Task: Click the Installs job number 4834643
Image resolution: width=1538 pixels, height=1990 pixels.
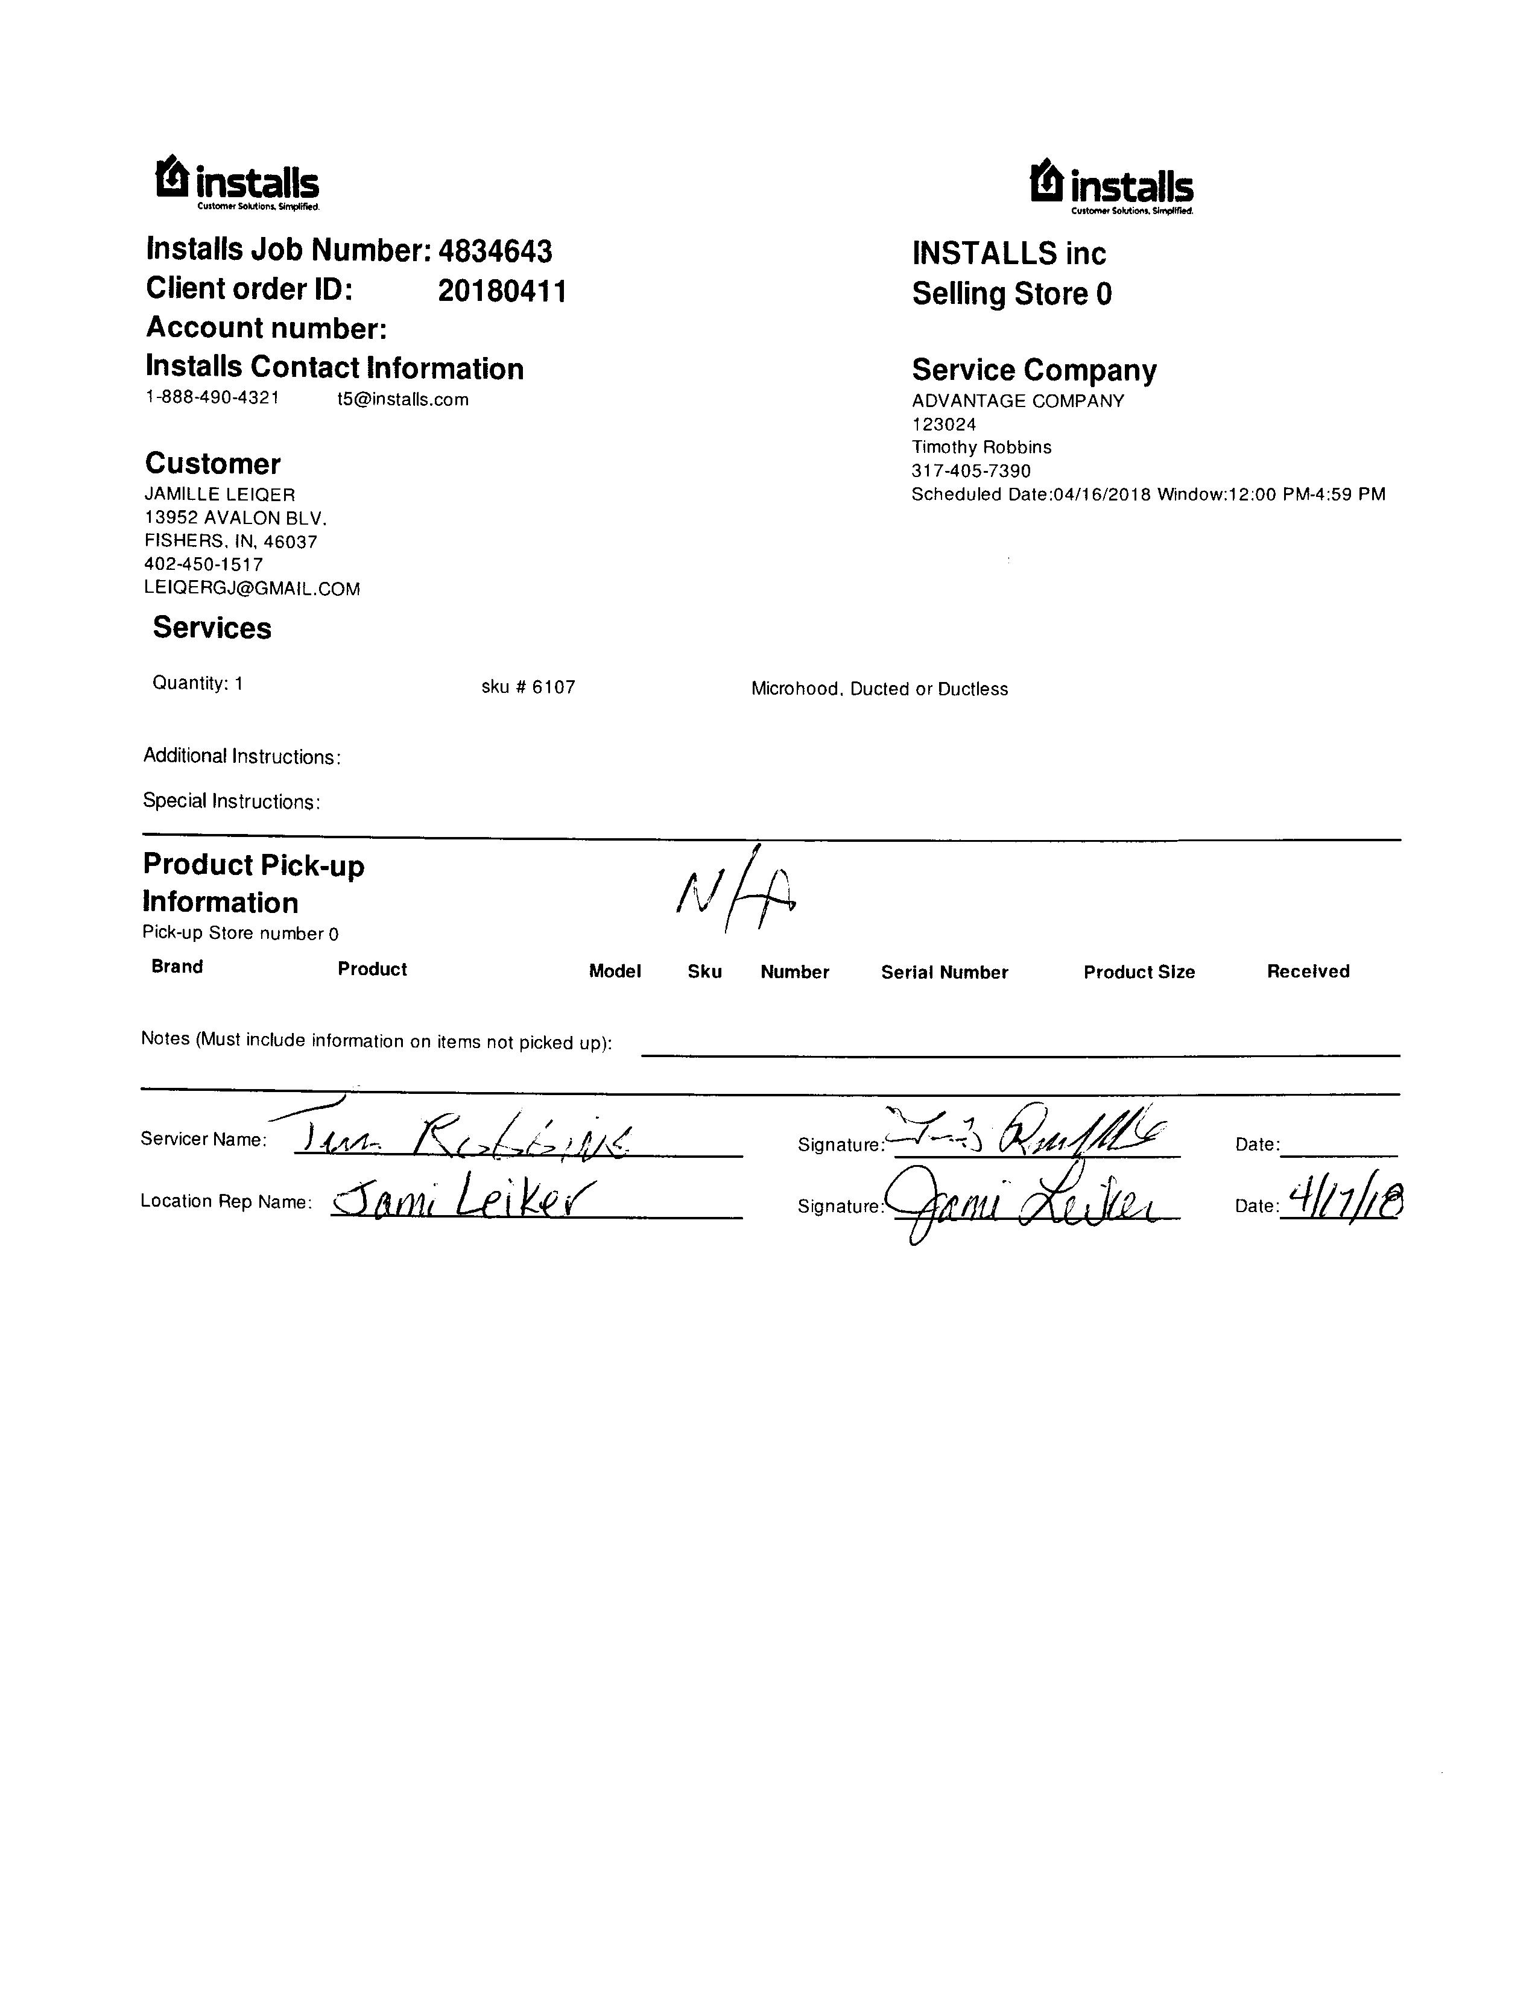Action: coord(495,251)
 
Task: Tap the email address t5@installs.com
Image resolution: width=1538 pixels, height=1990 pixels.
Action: coord(403,399)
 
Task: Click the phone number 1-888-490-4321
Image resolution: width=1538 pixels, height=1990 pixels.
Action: coord(212,397)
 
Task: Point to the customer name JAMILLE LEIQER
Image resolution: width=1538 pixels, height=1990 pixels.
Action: coord(220,494)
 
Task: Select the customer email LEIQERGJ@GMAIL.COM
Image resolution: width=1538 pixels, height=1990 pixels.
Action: coord(252,589)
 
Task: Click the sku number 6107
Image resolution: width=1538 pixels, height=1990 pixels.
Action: coord(553,687)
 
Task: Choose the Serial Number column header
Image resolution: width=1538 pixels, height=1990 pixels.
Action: coord(944,972)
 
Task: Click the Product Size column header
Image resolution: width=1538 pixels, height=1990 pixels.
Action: coord(1139,972)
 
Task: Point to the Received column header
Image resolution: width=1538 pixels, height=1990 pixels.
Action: coord(1308,971)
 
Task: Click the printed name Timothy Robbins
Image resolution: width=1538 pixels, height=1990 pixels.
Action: coord(981,447)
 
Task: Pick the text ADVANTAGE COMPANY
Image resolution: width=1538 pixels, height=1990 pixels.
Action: coord(1017,401)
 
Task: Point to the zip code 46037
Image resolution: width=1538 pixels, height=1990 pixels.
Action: coord(291,542)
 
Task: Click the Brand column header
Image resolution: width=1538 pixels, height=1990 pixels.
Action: coord(177,967)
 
